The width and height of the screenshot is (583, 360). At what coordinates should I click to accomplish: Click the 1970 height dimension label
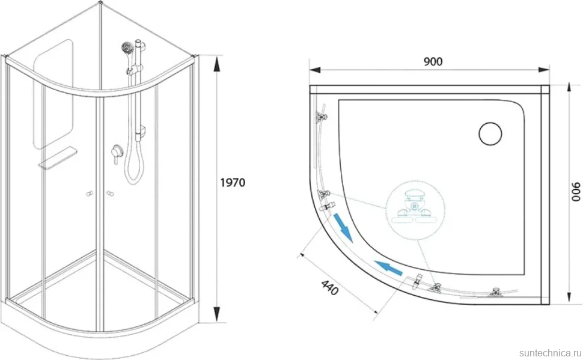click(x=233, y=183)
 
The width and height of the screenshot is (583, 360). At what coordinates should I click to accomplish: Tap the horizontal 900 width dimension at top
click(x=433, y=61)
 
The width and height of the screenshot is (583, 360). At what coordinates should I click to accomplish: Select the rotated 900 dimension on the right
click(x=575, y=192)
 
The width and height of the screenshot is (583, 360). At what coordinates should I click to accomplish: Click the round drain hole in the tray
click(x=490, y=133)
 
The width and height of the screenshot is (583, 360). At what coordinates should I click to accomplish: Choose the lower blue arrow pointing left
click(x=389, y=269)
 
